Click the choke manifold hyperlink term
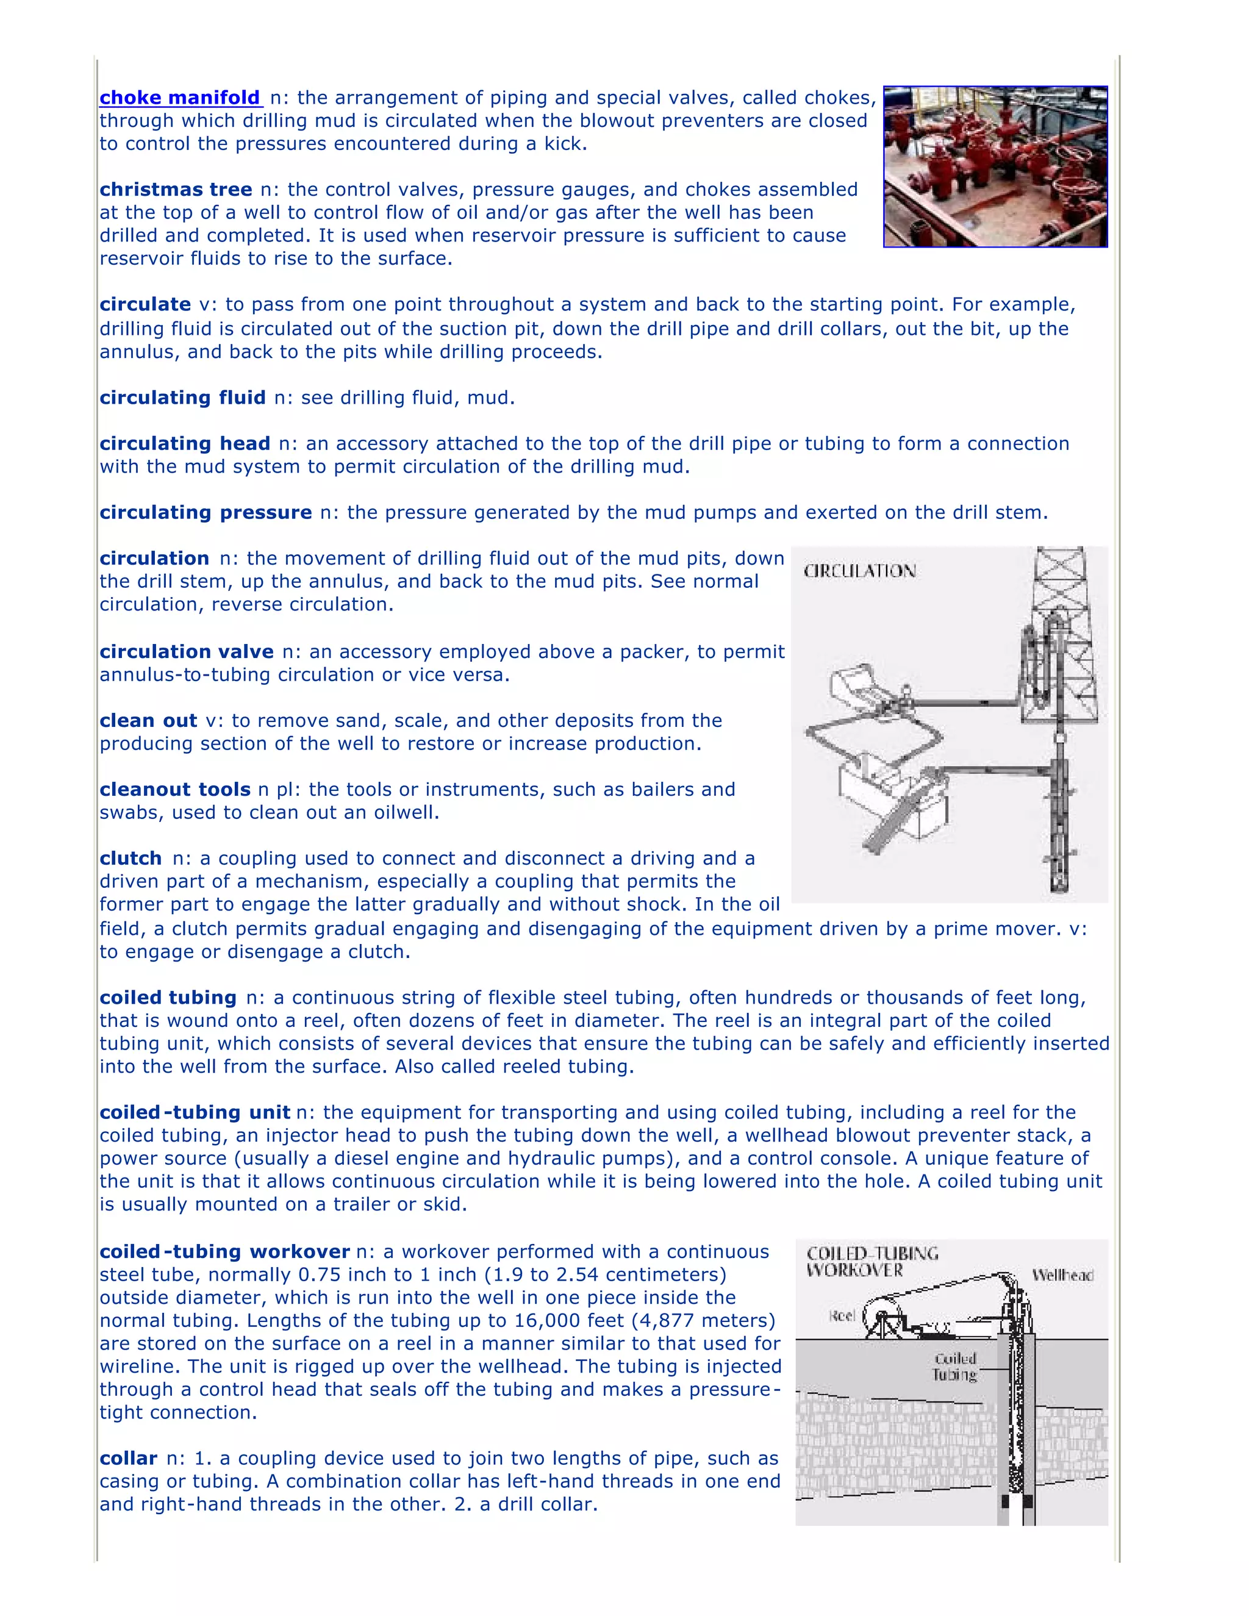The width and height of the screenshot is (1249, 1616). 180,98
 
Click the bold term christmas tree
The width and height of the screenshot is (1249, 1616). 176,190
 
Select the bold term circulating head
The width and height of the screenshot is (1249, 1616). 184,443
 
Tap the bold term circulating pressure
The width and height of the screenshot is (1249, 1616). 205,512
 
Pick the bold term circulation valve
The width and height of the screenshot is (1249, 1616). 187,651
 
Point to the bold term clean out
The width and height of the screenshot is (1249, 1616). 148,720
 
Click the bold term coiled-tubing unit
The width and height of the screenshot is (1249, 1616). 195,1112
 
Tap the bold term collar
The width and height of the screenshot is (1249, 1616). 128,1459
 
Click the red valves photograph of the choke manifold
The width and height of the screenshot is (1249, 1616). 995,166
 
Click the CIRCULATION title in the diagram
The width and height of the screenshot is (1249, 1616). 859,571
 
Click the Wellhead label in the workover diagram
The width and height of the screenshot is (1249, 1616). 1062,1275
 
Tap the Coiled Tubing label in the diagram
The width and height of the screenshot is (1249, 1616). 954,1367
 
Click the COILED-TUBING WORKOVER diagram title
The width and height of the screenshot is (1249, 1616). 871,1262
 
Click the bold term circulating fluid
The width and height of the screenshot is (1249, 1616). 182,398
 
